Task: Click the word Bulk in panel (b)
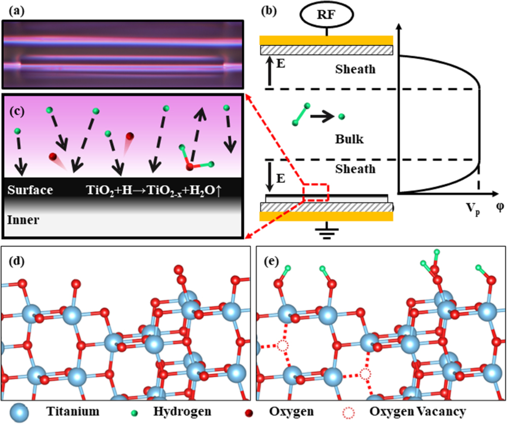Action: (x=349, y=139)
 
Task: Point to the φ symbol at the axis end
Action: (x=499, y=208)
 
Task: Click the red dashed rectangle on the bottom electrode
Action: (x=316, y=192)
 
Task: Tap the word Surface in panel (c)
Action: (x=30, y=191)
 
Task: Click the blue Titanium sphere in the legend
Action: (x=19, y=411)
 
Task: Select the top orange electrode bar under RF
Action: (x=327, y=40)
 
